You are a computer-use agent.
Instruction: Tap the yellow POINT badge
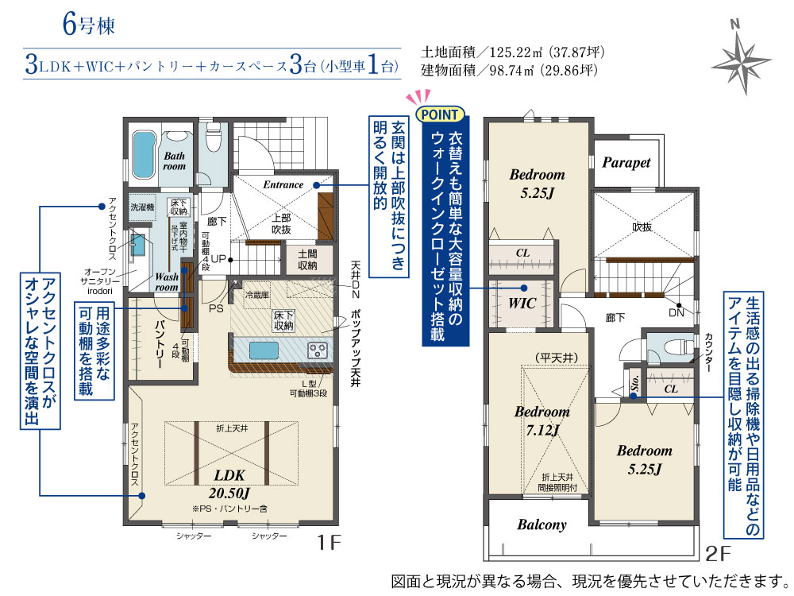point(440,114)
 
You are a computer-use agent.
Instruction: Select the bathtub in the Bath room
point(143,155)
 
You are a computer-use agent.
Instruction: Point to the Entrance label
point(283,185)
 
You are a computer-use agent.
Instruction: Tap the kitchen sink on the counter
point(264,350)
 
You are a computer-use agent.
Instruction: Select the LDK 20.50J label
point(229,483)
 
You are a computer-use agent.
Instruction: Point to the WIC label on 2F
point(522,303)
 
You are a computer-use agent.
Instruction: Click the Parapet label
point(626,162)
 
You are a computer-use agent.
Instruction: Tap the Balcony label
point(542,524)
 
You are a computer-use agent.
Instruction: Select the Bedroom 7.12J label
point(542,420)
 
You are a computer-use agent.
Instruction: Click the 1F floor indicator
point(329,543)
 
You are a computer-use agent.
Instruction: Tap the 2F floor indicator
point(718,553)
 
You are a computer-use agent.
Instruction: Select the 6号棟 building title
point(89,25)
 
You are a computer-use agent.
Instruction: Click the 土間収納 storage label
point(307,260)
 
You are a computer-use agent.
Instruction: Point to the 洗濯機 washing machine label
point(142,207)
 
